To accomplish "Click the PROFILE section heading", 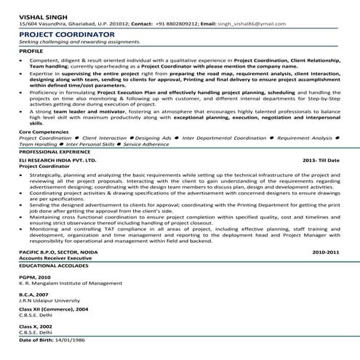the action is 31,51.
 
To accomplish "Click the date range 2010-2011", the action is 325,271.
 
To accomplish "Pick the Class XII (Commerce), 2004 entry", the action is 54,330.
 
